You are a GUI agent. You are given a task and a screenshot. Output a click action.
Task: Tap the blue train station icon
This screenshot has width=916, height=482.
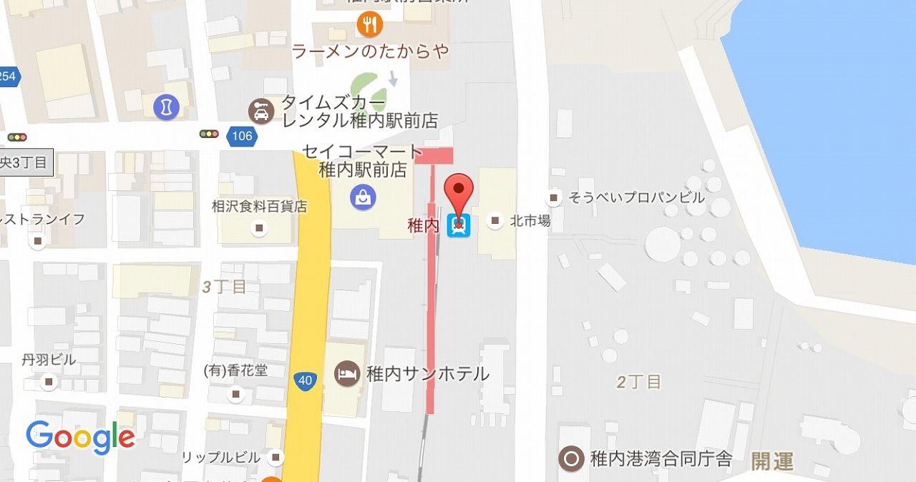[459, 226]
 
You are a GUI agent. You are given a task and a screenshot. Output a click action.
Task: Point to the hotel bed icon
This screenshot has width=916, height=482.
[348, 373]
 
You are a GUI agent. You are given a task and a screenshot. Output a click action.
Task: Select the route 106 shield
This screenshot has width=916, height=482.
[243, 135]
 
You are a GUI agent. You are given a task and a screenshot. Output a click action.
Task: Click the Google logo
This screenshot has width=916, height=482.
[80, 437]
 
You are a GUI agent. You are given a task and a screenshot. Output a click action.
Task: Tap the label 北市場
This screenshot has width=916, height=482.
[530, 221]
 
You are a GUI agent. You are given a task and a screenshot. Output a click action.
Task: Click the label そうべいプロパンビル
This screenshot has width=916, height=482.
[636, 197]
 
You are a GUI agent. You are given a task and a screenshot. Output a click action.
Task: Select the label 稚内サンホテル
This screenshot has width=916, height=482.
[427, 373]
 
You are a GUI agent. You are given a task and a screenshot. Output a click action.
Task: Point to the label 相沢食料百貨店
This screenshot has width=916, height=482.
[260, 206]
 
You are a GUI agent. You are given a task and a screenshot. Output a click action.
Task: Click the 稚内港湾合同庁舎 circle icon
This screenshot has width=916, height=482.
[570, 458]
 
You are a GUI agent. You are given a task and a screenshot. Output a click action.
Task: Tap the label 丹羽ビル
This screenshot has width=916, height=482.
[49, 360]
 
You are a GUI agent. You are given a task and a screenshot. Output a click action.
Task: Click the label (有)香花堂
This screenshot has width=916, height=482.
[236, 372]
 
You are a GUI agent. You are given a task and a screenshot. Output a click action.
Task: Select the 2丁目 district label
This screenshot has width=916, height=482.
[639, 382]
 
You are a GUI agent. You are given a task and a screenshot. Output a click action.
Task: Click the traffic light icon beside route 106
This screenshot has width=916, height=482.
[210, 134]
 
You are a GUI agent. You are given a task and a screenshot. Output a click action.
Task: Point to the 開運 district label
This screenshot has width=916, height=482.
[772, 461]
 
